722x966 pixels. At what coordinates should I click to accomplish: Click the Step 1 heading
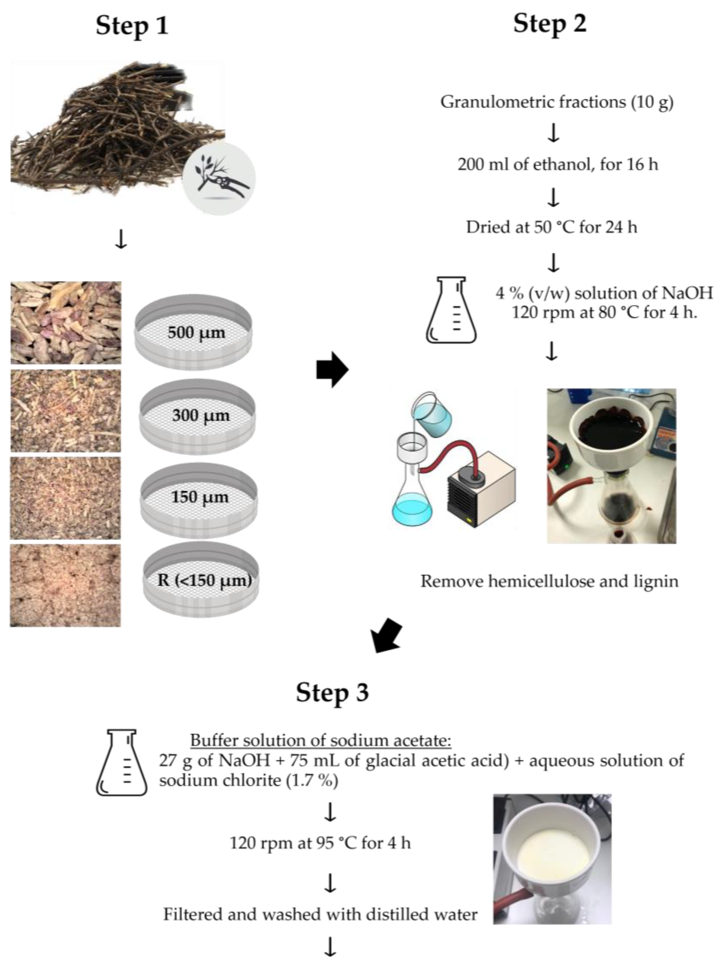(132, 25)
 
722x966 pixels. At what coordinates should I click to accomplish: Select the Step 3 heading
(332, 692)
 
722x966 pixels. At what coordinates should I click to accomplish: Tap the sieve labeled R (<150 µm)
(201, 580)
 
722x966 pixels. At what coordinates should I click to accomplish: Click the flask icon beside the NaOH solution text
(451, 310)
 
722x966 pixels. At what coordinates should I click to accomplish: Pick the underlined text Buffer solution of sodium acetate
(320, 740)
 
